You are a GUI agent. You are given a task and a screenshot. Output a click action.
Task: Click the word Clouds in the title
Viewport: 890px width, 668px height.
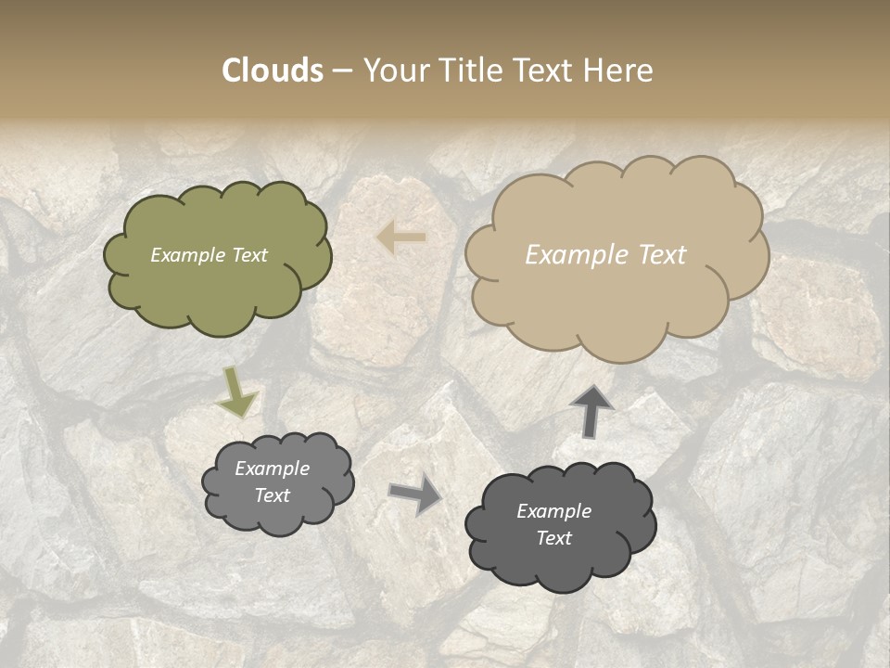coord(273,71)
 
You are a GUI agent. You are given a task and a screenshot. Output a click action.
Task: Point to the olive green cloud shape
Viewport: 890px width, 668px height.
coord(218,288)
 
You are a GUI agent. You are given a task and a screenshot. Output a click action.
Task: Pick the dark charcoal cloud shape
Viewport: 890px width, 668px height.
coord(561,566)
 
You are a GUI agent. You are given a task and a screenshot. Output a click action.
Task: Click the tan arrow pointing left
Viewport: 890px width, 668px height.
coord(401,238)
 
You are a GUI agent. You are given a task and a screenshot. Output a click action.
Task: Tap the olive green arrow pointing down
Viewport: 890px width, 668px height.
coord(237,392)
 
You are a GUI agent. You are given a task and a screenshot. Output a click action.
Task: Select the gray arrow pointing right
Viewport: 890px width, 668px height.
coord(415,495)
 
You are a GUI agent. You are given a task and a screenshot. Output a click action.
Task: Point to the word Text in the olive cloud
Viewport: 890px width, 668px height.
coord(249,255)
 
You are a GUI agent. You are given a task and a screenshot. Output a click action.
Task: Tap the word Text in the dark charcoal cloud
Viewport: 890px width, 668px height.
coord(554,538)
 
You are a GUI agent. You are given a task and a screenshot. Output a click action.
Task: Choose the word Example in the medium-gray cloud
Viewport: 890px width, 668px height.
coord(273,469)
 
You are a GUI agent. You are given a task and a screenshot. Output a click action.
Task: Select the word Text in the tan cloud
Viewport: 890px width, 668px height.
coord(662,255)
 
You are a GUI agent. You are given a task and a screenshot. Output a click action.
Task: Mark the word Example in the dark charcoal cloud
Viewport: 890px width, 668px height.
coord(554,511)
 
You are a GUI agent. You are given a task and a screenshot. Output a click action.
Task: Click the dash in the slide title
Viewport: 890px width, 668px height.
coord(342,71)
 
